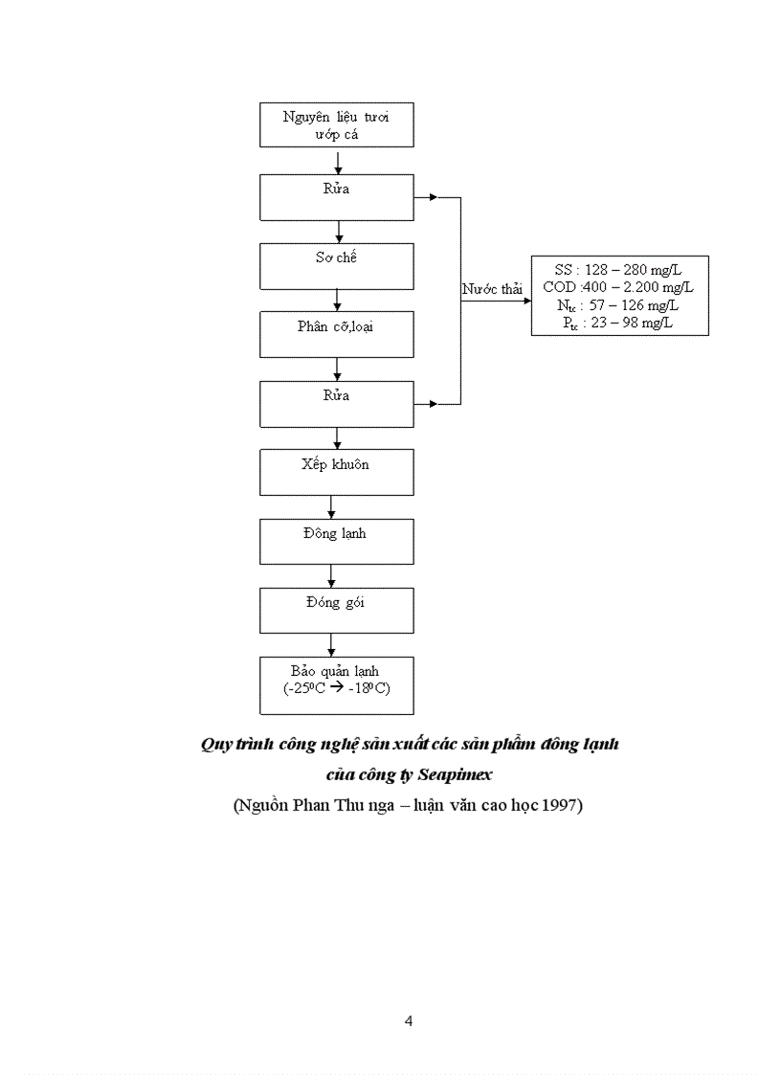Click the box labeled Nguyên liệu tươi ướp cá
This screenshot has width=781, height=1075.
[336, 124]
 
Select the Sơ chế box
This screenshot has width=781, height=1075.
[336, 265]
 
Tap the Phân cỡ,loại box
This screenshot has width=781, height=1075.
[336, 334]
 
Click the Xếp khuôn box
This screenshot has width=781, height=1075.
[336, 473]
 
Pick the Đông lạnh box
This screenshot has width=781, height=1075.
[336, 541]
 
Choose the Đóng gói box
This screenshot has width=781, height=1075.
[336, 610]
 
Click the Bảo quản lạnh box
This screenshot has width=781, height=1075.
[336, 685]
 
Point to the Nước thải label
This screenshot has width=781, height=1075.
[492, 289]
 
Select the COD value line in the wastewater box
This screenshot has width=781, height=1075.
[618, 286]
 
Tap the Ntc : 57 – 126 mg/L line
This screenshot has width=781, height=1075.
[618, 304]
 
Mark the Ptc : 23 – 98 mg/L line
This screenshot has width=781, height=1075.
[618, 323]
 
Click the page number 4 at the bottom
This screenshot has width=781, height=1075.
[410, 1020]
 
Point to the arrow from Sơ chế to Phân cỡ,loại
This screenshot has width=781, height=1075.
[337, 300]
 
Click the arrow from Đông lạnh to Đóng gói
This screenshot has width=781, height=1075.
[331, 575]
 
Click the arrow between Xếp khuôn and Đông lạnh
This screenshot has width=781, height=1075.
[331, 507]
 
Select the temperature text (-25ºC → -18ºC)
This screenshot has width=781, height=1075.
[336, 689]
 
